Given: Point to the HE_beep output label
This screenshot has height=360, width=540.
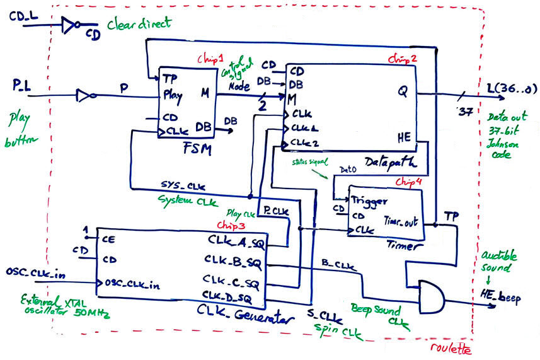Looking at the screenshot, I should coord(502,298).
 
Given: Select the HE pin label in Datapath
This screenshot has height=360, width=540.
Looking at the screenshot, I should coord(403,136).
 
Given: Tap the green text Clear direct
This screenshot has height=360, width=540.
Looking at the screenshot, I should coord(139,24).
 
